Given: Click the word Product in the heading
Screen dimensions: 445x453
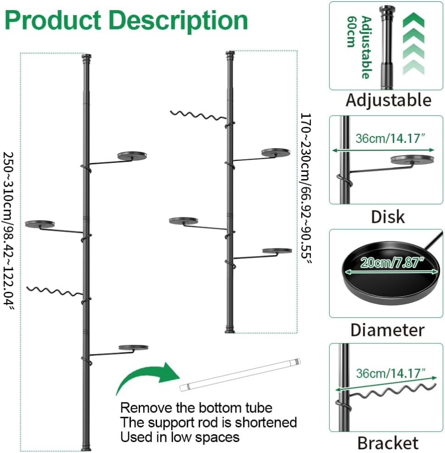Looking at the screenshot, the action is pyautogui.click(x=53, y=20).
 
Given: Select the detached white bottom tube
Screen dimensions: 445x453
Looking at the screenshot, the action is pyautogui.click(x=240, y=375).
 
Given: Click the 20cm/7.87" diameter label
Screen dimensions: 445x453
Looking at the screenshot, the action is pyautogui.click(x=392, y=263).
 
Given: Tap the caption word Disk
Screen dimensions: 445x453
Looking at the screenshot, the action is pyautogui.click(x=388, y=217).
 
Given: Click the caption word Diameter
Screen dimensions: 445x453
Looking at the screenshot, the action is pyautogui.click(x=387, y=330).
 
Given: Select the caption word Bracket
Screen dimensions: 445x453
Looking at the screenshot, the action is pyautogui.click(x=388, y=443).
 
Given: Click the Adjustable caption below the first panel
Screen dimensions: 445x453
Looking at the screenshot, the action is pyautogui.click(x=389, y=100).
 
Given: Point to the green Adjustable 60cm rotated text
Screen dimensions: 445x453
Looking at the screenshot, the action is pyautogui.click(x=359, y=47).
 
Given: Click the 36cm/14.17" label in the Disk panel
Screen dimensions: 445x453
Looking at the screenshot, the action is pyautogui.click(x=390, y=139).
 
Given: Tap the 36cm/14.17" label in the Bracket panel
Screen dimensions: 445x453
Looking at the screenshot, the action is pyautogui.click(x=391, y=374).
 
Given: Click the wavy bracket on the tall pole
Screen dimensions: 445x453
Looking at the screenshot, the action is pyautogui.click(x=54, y=291).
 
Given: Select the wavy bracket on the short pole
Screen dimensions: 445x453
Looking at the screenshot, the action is pyautogui.click(x=198, y=115).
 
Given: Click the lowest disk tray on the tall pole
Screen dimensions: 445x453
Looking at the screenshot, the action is pyautogui.click(x=134, y=347).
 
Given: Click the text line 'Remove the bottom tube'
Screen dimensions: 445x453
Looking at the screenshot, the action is pyautogui.click(x=196, y=408).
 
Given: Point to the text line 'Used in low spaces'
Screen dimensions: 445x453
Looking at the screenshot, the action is pyautogui.click(x=180, y=437).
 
